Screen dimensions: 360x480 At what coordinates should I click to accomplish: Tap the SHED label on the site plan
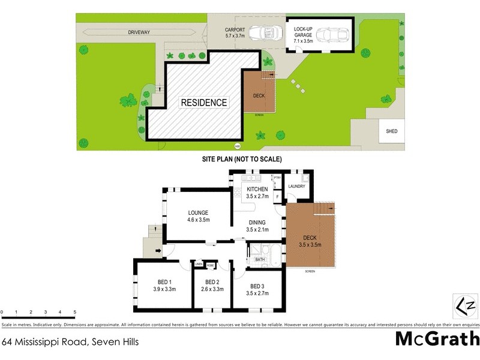click(x=392, y=131)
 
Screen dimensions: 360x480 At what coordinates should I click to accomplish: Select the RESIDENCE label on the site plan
click(x=204, y=103)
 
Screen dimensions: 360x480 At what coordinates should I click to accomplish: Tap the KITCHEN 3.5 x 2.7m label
click(x=257, y=193)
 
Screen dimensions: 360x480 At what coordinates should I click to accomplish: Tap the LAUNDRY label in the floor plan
click(x=296, y=187)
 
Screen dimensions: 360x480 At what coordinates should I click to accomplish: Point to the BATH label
click(x=260, y=260)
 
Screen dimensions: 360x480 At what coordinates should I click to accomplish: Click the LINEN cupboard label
click(x=198, y=265)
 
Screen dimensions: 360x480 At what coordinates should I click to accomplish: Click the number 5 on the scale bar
click(x=75, y=312)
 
